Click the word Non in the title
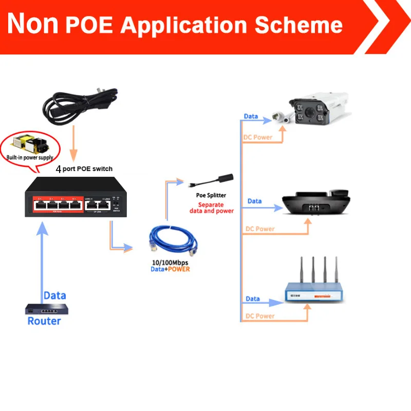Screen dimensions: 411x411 33,24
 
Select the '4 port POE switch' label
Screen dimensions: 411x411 84,169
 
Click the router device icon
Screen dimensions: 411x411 47,309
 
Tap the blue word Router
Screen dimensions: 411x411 44,321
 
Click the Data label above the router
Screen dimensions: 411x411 54,295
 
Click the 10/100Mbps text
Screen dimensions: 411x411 170,262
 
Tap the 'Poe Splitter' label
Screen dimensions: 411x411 211,195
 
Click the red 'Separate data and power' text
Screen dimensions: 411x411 211,208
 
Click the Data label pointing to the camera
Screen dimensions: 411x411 251,116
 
